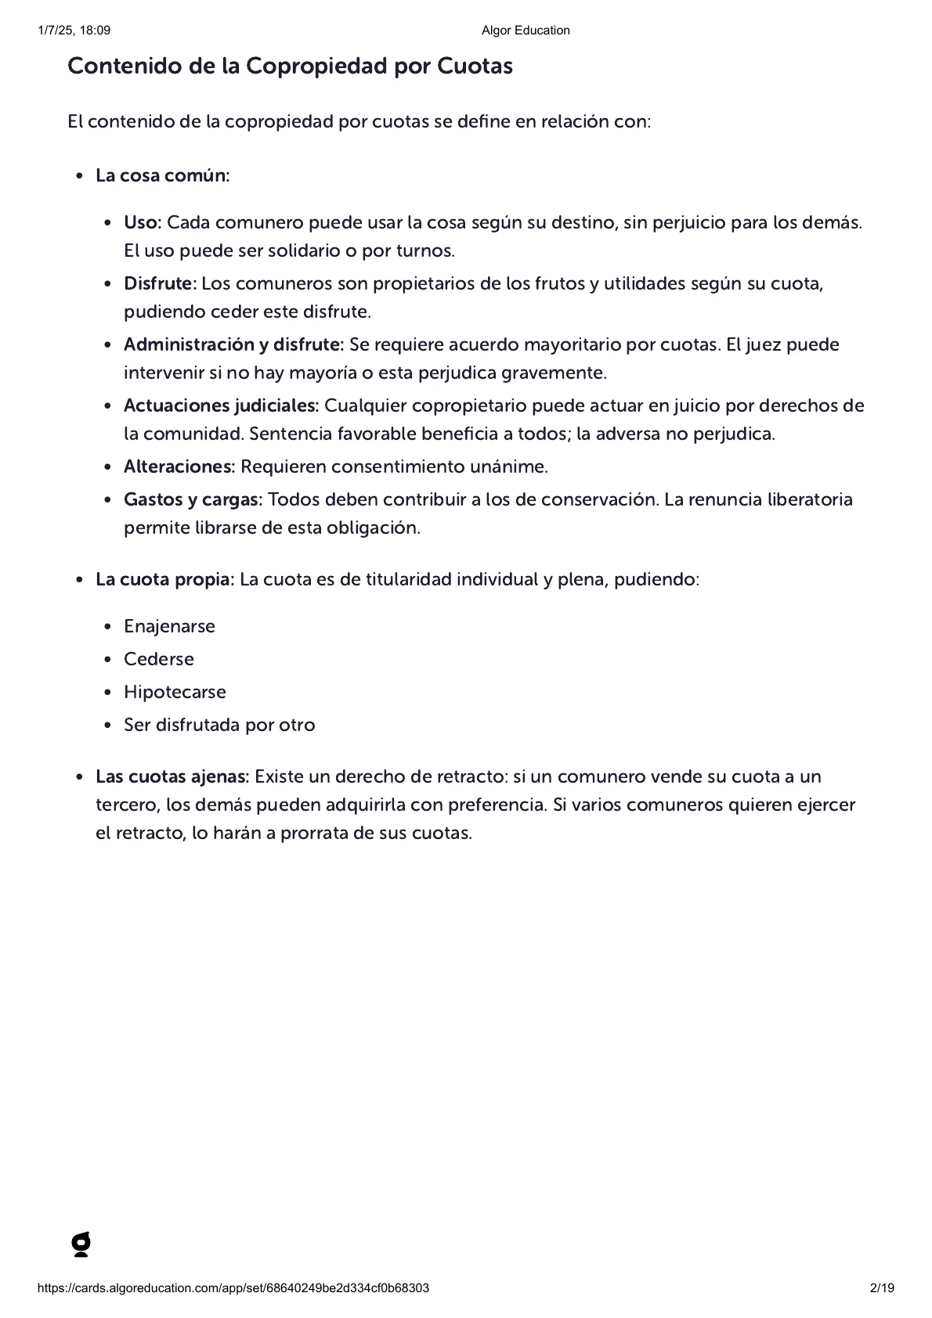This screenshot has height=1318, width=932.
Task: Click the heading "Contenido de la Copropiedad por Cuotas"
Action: pos(290,67)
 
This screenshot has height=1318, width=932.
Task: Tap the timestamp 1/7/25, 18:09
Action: pos(74,31)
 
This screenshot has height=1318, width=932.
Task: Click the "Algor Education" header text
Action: pos(526,31)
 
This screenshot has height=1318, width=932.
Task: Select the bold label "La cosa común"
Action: pos(161,175)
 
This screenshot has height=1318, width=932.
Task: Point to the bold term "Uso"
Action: pos(141,222)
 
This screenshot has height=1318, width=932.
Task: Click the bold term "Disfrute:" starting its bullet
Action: pos(160,283)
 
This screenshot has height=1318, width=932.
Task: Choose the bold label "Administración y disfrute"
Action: pos(233,344)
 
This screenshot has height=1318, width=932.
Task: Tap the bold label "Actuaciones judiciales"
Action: pos(220,405)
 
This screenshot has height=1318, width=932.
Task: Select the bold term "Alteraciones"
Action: pos(179,466)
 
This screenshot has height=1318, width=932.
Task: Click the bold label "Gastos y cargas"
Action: pos(193,499)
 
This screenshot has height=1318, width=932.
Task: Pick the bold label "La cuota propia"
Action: pos(164,579)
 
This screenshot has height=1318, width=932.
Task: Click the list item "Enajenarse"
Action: pos(169,626)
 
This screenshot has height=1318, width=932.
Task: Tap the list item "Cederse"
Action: pos(159,659)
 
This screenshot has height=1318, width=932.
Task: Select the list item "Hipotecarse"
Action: pos(175,692)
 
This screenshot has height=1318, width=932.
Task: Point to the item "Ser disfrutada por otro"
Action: pos(219,725)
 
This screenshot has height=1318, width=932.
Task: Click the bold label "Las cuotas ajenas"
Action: pos(172,776)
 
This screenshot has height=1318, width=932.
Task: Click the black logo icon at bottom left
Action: pos(81,1244)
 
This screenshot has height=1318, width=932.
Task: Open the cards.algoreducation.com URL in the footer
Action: pos(233,1288)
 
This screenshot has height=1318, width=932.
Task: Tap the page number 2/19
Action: pos(882,1288)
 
